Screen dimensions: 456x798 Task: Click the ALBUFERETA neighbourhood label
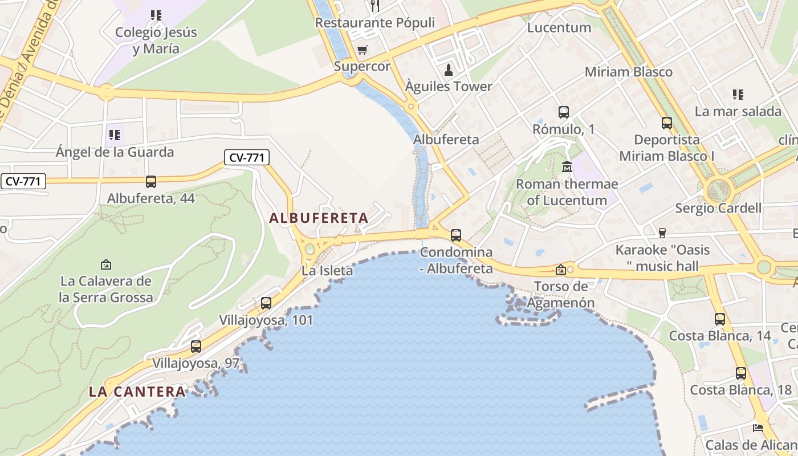click(x=319, y=218)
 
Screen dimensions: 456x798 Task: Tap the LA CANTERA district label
click(x=137, y=392)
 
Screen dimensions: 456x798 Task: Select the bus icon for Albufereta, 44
click(x=150, y=182)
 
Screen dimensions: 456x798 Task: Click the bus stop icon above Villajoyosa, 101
click(x=266, y=303)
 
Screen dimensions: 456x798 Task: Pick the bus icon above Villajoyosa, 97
click(x=196, y=346)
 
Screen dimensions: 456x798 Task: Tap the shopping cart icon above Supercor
click(x=362, y=50)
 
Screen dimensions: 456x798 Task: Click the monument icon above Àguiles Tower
click(x=449, y=70)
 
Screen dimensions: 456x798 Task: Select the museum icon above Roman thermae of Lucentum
click(x=567, y=167)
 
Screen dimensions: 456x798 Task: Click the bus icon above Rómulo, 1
click(x=563, y=112)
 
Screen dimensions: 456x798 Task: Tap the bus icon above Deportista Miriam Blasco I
click(x=666, y=123)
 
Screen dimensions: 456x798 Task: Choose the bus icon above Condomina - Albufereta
click(x=455, y=235)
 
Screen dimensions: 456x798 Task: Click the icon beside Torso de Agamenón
click(x=561, y=270)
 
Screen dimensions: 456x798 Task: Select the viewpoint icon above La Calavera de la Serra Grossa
click(x=105, y=264)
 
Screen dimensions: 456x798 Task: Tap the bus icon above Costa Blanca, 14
click(x=719, y=319)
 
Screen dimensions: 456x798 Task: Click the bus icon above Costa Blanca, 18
click(x=740, y=373)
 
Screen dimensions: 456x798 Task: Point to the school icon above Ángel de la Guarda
click(x=114, y=135)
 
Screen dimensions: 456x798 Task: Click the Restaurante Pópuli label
click(x=374, y=23)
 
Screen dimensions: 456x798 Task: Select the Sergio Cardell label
click(x=718, y=207)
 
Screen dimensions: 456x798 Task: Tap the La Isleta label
click(x=327, y=271)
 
